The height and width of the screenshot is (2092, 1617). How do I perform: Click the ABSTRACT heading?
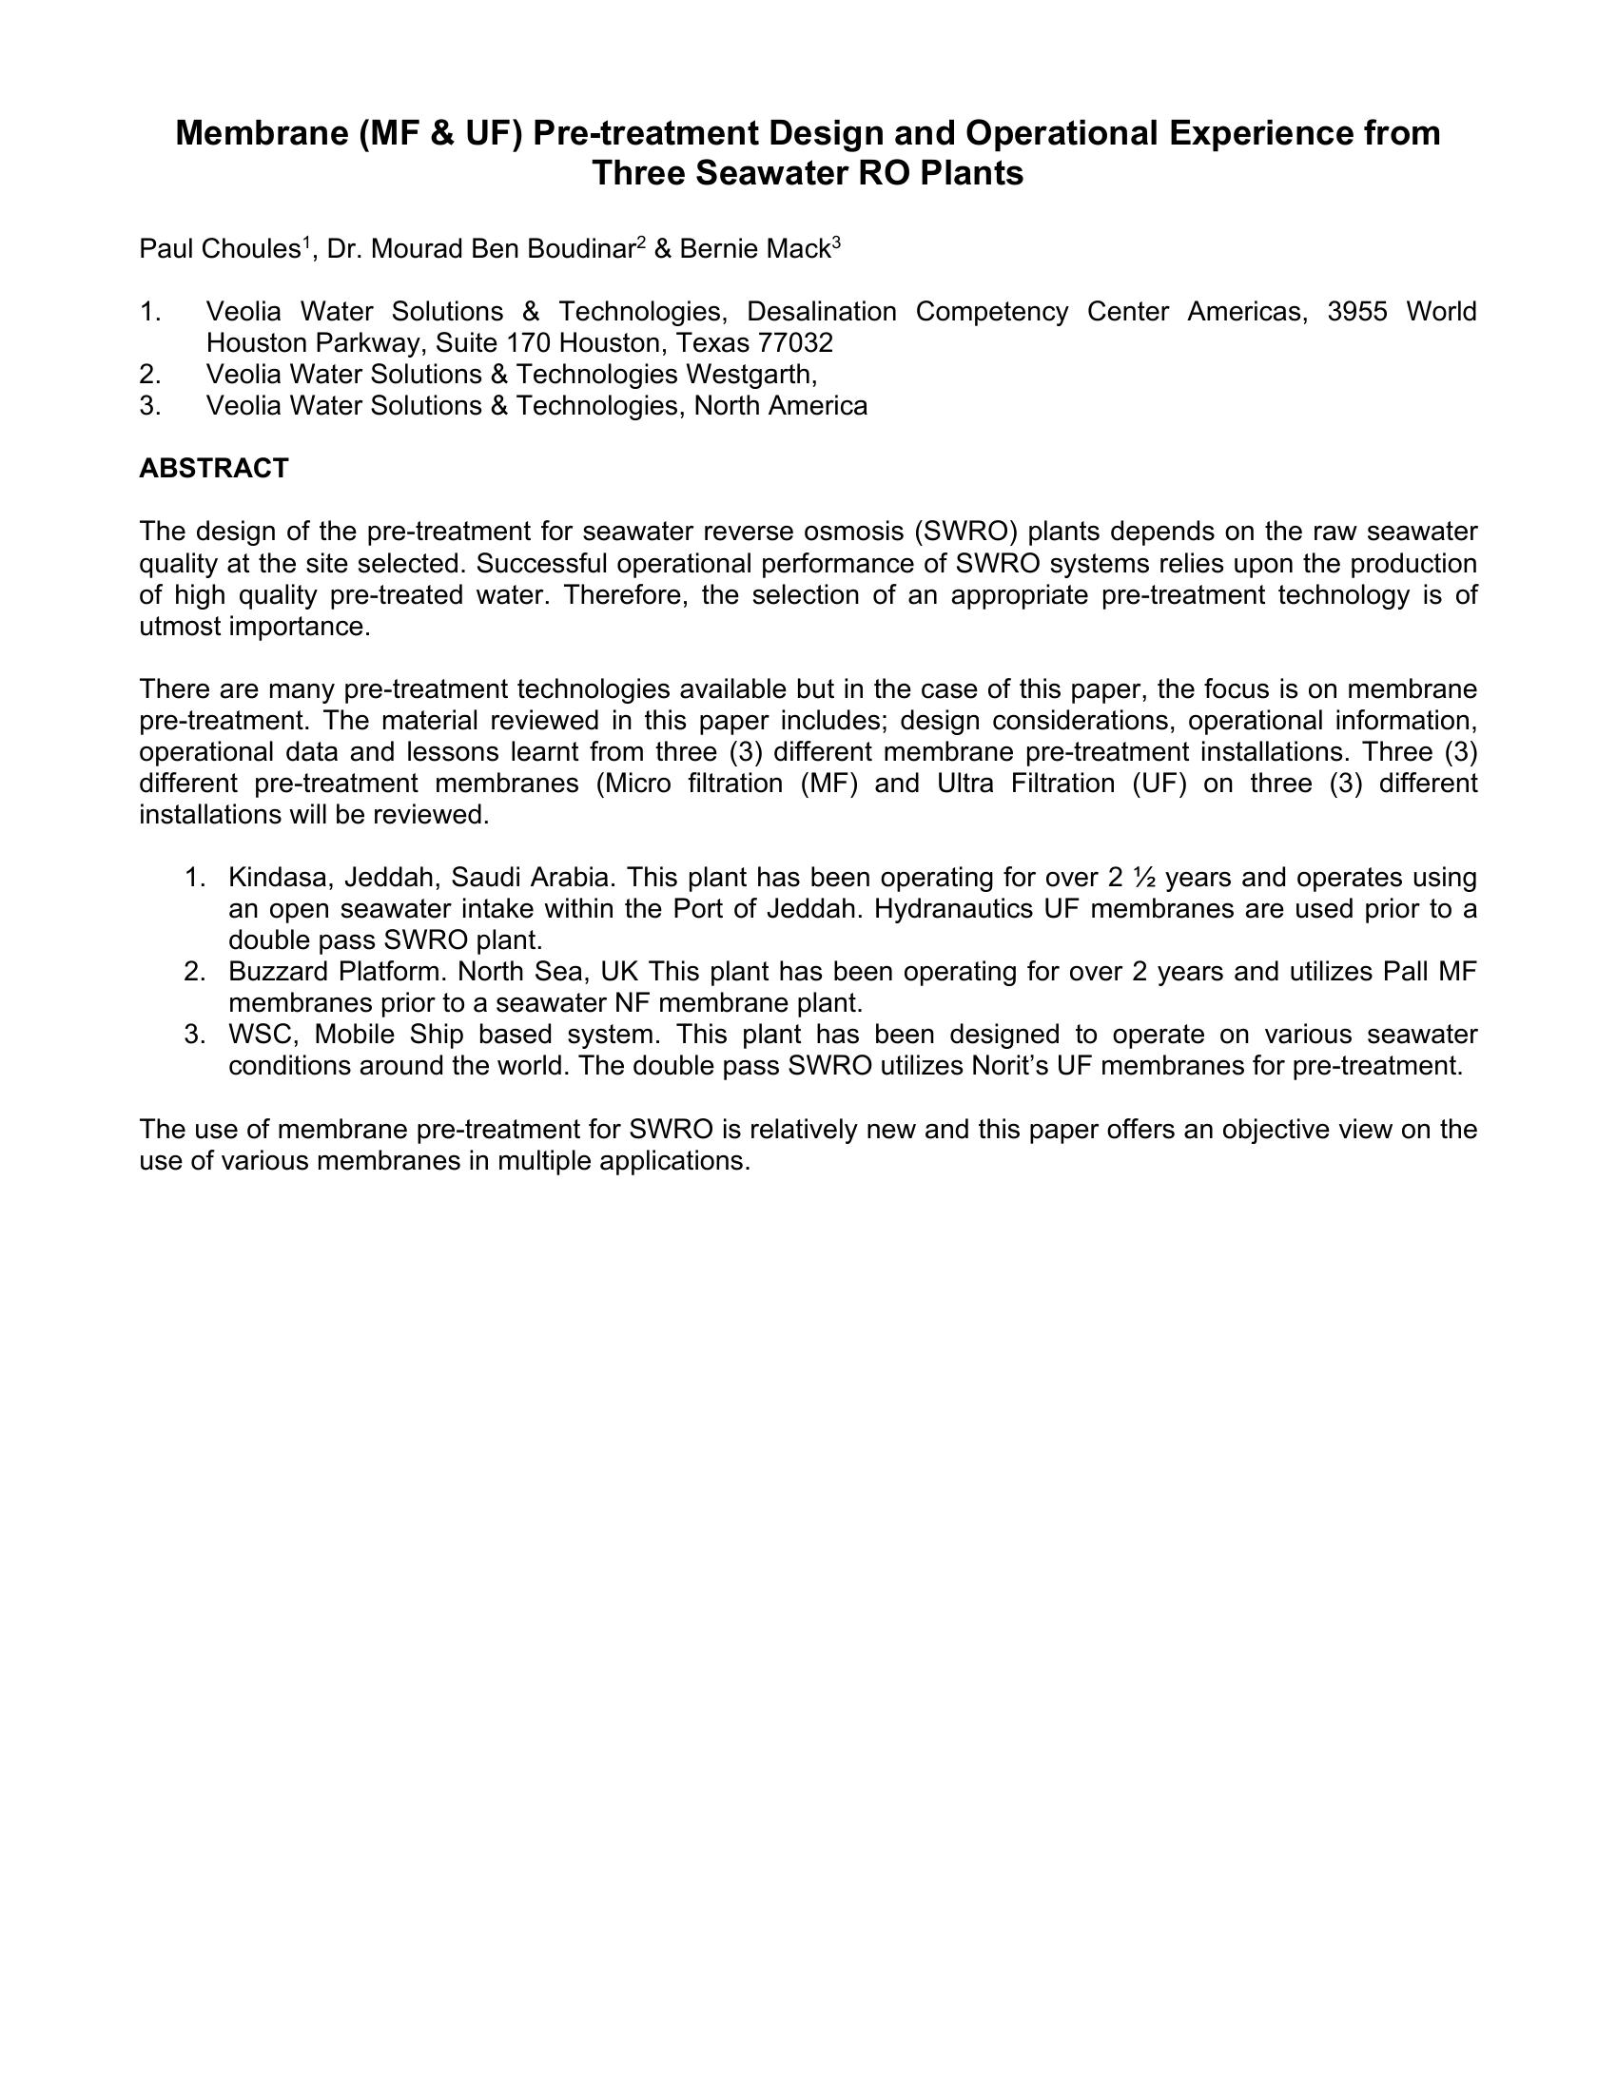(x=214, y=469)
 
